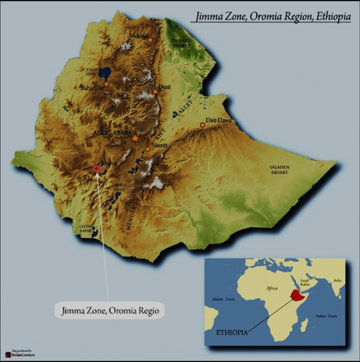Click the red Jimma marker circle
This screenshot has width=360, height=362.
pos(95,169)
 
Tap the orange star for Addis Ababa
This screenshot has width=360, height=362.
pos(134,138)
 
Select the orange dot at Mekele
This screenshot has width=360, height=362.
pos(150,40)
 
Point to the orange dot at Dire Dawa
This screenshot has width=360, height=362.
pos(202,126)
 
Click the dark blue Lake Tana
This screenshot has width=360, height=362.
pos(104,73)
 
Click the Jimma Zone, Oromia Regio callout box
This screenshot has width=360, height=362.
pos(108,309)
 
